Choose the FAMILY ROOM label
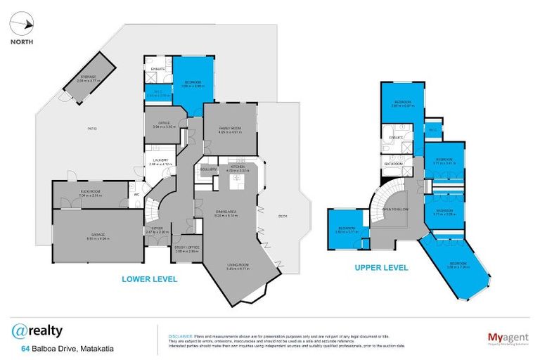(229, 129)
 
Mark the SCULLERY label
(209, 169)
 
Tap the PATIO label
(91, 129)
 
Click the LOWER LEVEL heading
(149, 279)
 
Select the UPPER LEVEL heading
(382, 268)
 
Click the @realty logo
(37, 330)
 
